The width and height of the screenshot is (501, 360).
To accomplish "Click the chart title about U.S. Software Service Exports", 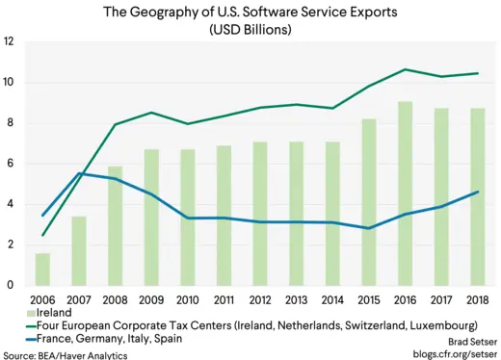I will (250, 12).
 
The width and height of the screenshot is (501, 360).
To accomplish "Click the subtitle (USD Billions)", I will (250, 29).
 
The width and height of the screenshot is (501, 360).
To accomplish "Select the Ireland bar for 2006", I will (42, 269).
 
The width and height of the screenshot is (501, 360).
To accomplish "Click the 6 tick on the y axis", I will (9, 164).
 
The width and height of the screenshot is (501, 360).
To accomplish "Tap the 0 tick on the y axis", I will (9, 285).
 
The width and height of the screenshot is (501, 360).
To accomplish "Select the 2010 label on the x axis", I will (188, 299).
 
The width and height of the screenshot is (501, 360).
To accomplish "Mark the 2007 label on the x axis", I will (79, 299).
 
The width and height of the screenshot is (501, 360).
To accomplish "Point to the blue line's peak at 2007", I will (79, 173).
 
